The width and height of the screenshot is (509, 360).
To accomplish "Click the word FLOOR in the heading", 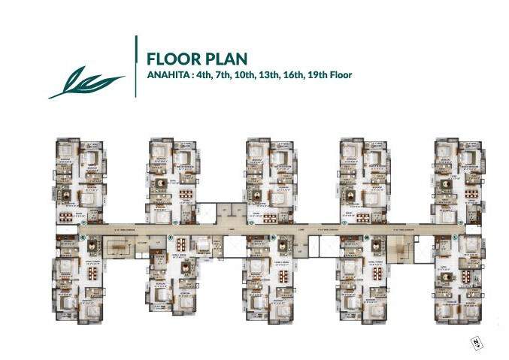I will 169,59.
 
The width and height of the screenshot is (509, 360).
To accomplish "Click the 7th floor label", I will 231,75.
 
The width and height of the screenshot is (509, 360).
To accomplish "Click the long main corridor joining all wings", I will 256,226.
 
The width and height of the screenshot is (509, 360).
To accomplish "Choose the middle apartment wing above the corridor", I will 265,180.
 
